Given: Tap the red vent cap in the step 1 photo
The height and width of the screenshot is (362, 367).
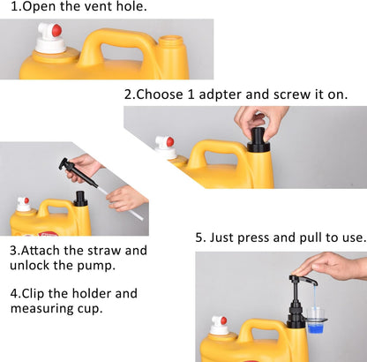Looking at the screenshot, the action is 56,30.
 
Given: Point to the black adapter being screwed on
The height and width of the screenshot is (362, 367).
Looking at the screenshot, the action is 258,140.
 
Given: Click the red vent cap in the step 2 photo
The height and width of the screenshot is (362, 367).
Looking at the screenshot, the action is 170,141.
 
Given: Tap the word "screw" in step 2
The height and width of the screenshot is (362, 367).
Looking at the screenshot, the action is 292,94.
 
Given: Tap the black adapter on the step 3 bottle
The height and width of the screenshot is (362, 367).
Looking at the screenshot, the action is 80,199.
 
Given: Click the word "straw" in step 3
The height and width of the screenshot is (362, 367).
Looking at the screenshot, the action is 104,251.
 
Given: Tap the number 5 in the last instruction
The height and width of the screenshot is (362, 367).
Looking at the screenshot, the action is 199,238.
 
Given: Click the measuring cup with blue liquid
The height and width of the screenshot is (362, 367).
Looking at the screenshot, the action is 316,321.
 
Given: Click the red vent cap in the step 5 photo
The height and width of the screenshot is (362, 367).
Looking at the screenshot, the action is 223,321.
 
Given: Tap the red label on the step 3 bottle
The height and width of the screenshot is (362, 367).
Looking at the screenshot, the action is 48,234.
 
